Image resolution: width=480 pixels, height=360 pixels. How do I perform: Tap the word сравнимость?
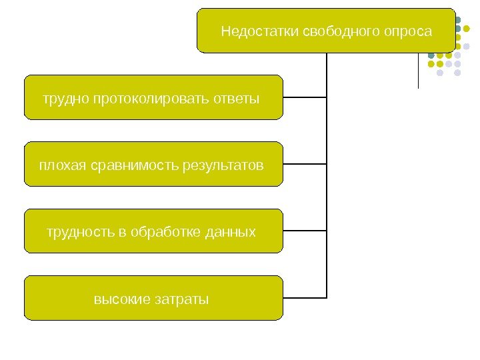(x=132, y=165)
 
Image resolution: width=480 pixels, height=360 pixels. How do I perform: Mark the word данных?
(x=231, y=232)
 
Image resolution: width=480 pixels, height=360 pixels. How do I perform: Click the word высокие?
(x=122, y=299)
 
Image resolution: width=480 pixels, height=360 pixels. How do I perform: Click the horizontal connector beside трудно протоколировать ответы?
(x=305, y=97)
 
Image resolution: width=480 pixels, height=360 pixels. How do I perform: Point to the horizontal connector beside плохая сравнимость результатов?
(x=305, y=164)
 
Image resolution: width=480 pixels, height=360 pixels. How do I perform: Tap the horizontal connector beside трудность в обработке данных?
(x=305, y=231)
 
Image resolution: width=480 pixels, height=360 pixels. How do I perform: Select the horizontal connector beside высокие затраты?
(x=305, y=297)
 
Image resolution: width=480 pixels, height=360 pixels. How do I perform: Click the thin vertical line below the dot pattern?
(x=418, y=73)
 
